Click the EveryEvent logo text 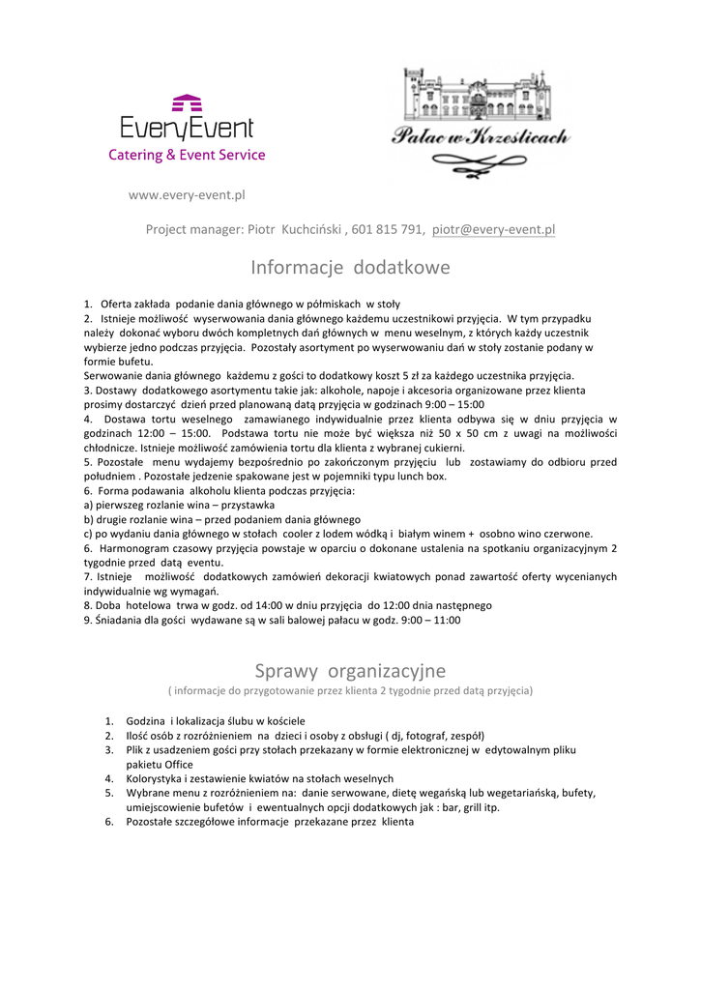pos(187,129)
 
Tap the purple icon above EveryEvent pos(187,102)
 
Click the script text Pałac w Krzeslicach pos(480,138)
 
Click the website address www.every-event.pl pos(187,194)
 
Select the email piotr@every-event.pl pos(493,230)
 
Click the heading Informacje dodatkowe pos(350,267)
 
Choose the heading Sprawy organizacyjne pos(350,670)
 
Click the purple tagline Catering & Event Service pos(187,155)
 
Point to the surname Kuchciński pos(310,230)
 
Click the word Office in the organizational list pos(177,764)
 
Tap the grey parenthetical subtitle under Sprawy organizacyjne pos(350,691)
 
